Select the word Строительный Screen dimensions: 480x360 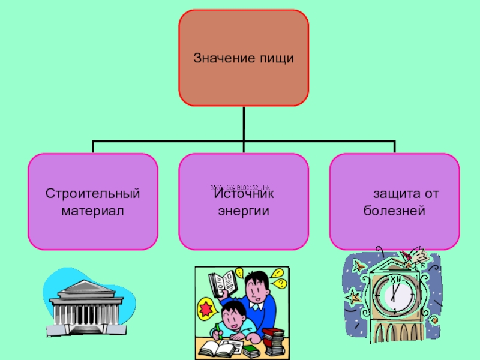93,194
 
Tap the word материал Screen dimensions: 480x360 93,211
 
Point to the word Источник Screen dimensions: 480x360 243,194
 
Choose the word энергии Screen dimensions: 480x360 243,211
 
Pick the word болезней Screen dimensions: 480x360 394,211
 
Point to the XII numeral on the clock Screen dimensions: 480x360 394,280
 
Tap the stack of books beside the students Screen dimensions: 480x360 274,341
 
